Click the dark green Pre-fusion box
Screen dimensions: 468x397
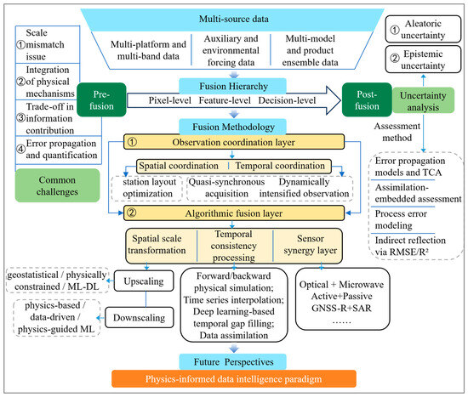pyautogui.click(x=101, y=99)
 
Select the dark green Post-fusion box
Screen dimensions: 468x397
pyautogui.click(x=367, y=99)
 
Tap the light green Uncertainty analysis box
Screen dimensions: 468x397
pyautogui.click(x=423, y=101)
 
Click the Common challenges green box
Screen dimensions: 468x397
pyautogui.click(x=57, y=185)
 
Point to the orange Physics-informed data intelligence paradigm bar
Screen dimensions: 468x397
pyautogui.click(x=234, y=379)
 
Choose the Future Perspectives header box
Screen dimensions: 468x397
pyautogui.click(x=233, y=361)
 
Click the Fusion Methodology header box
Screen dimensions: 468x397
pyautogui.click(x=233, y=127)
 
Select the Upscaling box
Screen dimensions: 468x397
pyautogui.click(x=144, y=281)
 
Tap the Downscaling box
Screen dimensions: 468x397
pyautogui.click(x=140, y=317)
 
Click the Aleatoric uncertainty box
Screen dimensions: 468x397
pyautogui.click(x=423, y=29)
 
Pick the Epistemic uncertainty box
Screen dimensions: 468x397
pyautogui.click(x=423, y=60)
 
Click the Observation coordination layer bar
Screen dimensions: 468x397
pyautogui.click(x=234, y=142)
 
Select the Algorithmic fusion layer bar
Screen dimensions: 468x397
pyautogui.click(x=234, y=213)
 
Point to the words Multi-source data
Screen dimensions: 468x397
pyautogui.click(x=234, y=19)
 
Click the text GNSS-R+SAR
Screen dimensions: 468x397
pyautogui.click(x=341, y=308)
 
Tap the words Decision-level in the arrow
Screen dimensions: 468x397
pyautogui.click(x=287, y=100)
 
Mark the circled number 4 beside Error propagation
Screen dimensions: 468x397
pyautogui.click(x=20, y=149)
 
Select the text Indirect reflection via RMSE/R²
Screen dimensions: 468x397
pyautogui.click(x=410, y=246)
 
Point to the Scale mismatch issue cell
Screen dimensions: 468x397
pyautogui.click(x=48, y=44)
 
